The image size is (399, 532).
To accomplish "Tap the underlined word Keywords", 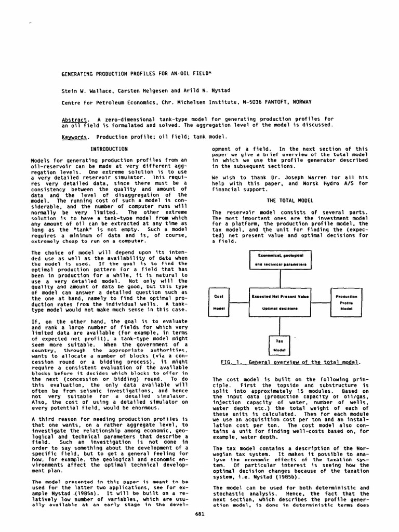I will [x=74, y=137].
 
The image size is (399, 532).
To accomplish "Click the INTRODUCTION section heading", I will [x=109, y=149].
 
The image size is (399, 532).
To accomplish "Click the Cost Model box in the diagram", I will [x=219, y=302].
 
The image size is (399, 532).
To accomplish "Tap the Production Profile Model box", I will [x=343, y=302].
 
